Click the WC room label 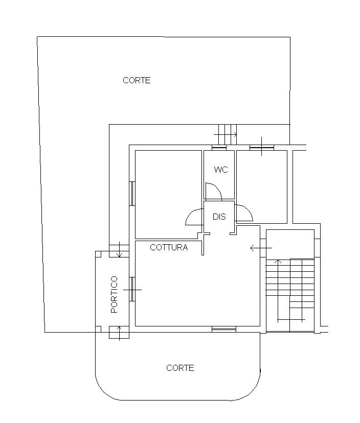(x=221, y=170)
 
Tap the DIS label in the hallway (x=219, y=217)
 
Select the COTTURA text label (x=169, y=247)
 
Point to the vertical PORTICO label (x=115, y=294)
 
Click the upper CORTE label (x=137, y=80)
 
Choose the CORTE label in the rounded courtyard (x=180, y=368)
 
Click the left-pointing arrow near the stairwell (x=261, y=248)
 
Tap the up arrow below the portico (x=119, y=334)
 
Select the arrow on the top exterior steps (x=225, y=134)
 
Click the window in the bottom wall (x=224, y=329)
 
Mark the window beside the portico (x=132, y=289)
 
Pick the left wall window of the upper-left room (x=132, y=194)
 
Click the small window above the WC (x=219, y=148)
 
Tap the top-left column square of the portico (x=98, y=254)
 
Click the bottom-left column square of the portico (x=98, y=329)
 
